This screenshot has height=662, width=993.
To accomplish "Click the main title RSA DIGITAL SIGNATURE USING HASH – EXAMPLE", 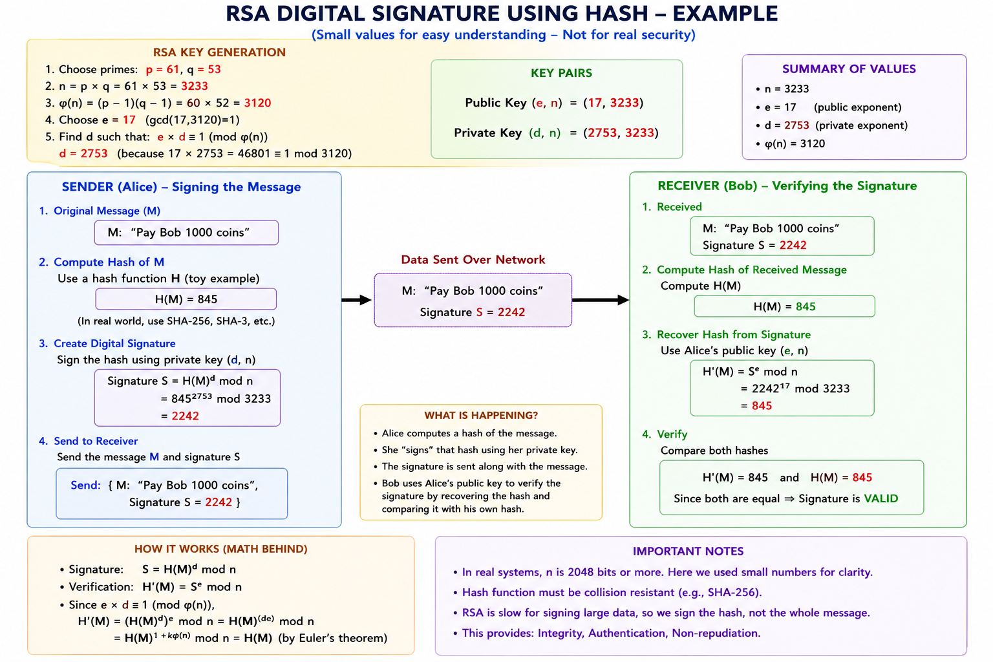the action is pyautogui.click(x=502, y=14).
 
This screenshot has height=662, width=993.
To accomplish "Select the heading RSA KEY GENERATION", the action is pyautogui.click(x=219, y=52).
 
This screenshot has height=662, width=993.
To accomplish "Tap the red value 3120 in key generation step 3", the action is pyautogui.click(x=257, y=103).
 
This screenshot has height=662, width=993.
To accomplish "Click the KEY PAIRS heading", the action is pyautogui.click(x=561, y=72).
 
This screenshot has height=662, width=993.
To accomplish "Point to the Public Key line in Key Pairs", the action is pyautogui.click(x=554, y=103).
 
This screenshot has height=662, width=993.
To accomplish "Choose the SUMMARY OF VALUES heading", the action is pyautogui.click(x=848, y=69).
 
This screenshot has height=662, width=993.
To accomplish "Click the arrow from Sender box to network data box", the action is pyautogui.click(x=357, y=300).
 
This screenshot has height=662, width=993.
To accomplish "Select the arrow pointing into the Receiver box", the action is pyautogui.click(x=601, y=300).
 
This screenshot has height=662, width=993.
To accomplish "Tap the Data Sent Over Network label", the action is pyautogui.click(x=473, y=259).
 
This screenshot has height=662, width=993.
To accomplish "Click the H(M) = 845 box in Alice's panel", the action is pyautogui.click(x=186, y=299).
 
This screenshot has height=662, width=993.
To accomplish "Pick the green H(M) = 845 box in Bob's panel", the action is pyautogui.click(x=784, y=306).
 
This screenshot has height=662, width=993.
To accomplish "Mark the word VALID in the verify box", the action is pyautogui.click(x=881, y=498).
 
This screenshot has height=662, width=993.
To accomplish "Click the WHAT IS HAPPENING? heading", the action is pyautogui.click(x=481, y=415).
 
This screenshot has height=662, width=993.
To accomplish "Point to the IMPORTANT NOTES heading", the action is pyautogui.click(x=688, y=551).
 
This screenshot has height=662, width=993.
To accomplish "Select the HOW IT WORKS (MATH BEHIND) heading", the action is pyautogui.click(x=220, y=549).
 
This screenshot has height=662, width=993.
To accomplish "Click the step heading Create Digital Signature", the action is pyautogui.click(x=114, y=344).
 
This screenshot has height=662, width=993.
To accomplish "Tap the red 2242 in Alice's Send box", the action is pyautogui.click(x=219, y=502).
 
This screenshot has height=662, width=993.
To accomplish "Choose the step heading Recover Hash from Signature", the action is pyautogui.click(x=733, y=334).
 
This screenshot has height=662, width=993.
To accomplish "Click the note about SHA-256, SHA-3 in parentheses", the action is pyautogui.click(x=176, y=321).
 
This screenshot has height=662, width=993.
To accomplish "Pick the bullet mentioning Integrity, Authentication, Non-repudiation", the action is pyautogui.click(x=607, y=633).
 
